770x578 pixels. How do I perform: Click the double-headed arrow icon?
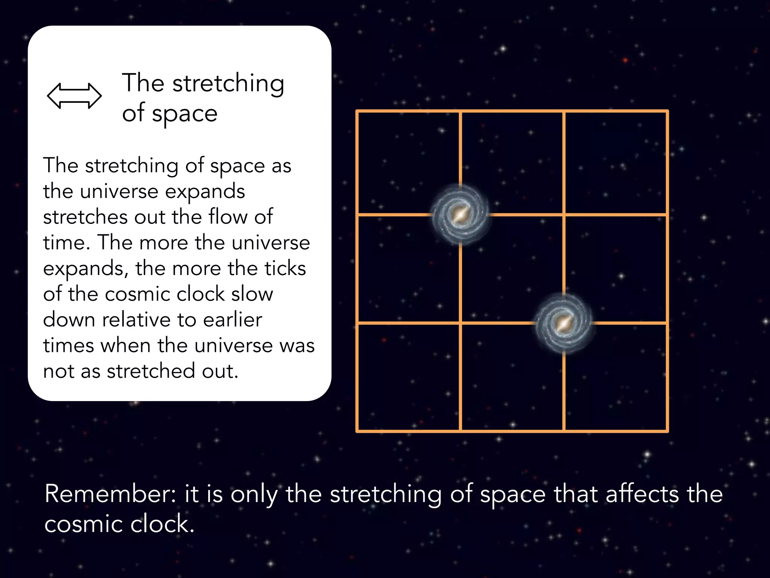[x=74, y=96]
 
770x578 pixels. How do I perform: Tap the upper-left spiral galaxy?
[x=460, y=214]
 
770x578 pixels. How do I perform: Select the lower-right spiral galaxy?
[x=563, y=323]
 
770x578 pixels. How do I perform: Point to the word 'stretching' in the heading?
[x=228, y=84]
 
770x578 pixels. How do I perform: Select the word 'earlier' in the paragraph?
[x=232, y=320]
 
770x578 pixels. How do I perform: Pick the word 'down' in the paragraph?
[x=69, y=320]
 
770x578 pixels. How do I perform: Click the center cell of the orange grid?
[x=512, y=269]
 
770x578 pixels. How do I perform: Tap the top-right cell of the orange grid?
[x=615, y=163]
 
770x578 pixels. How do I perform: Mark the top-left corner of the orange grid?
[x=357, y=111]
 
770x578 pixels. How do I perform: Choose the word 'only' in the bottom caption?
[x=254, y=494]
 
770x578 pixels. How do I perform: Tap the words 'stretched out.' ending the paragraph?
[x=173, y=371]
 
